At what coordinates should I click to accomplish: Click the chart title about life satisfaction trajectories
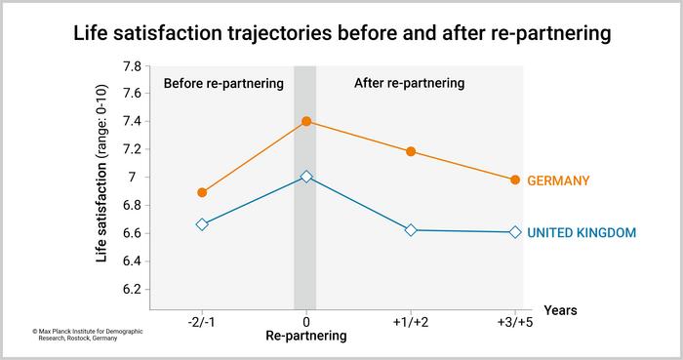click(341, 33)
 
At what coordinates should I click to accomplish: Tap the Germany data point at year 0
click(306, 121)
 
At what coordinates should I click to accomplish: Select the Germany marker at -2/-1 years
click(202, 192)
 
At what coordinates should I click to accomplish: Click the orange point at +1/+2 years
click(411, 151)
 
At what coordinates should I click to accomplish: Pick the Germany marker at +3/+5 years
click(515, 180)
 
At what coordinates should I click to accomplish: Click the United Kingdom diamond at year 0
click(306, 177)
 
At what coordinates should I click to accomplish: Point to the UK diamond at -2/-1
click(202, 224)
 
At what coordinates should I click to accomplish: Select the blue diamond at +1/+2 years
click(411, 230)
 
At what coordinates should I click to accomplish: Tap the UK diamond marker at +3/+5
click(515, 232)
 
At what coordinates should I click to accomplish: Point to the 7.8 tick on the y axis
click(131, 66)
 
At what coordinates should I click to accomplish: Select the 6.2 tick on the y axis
click(131, 289)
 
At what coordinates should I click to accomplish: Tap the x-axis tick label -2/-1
click(202, 319)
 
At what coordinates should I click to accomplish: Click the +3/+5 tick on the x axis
click(515, 319)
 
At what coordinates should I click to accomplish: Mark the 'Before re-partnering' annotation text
click(223, 83)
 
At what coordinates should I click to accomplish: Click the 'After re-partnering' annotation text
click(409, 83)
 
